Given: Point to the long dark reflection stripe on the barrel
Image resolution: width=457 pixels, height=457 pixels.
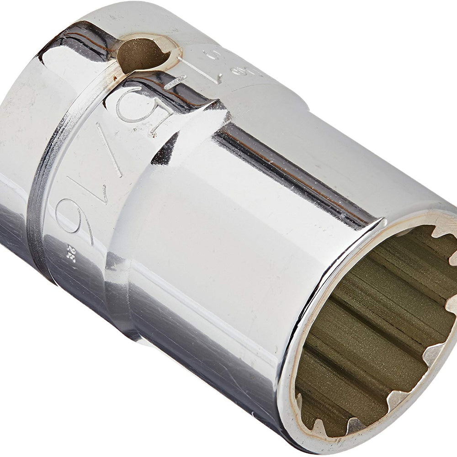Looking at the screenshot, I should pyautogui.click(x=292, y=169).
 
